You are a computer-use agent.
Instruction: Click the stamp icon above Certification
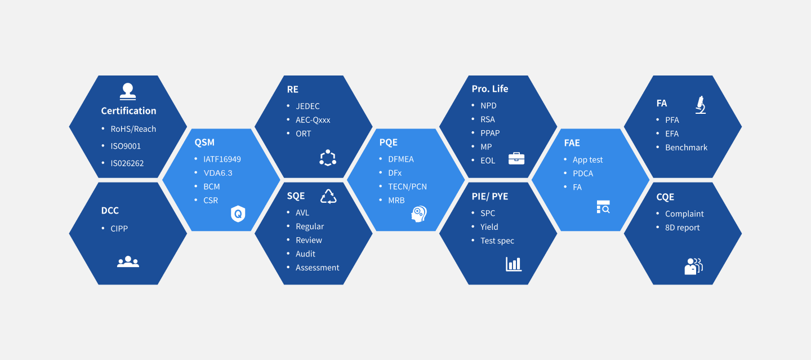[128, 91]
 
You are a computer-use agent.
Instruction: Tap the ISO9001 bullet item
[126, 146]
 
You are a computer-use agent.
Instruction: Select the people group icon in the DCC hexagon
[128, 261]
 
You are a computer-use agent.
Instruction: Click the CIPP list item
[119, 229]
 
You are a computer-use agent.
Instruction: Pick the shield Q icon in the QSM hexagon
[238, 214]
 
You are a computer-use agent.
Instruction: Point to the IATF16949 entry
[222, 159]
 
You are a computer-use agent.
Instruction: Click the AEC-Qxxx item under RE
[313, 120]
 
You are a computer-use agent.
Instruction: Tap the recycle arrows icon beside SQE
[328, 197]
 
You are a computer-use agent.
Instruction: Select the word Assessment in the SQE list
[317, 268]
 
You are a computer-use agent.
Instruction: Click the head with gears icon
[419, 214]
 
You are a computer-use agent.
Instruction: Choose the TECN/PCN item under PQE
[407, 186]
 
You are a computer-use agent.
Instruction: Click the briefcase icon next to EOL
[516, 158]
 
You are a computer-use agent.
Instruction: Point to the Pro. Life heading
[490, 89]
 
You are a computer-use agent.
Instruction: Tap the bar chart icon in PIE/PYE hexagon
[514, 264]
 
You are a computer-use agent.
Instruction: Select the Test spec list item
[497, 241]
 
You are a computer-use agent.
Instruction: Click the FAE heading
[572, 143]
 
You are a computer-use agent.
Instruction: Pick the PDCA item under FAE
[583, 174]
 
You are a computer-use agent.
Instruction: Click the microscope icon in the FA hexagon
[701, 105]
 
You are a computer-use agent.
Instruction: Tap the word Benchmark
[686, 148]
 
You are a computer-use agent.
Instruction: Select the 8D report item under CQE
[682, 228]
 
